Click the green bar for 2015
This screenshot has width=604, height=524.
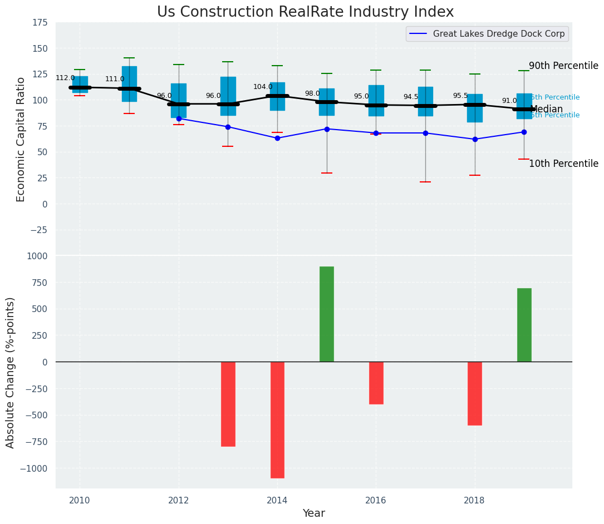point(327,314)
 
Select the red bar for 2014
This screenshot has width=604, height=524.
point(277,420)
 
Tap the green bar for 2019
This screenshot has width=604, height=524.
point(524,325)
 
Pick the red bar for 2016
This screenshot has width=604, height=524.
point(376,383)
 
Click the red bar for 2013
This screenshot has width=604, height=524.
point(228,404)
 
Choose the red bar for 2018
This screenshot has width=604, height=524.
point(475,393)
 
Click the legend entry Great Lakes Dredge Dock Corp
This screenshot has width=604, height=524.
point(498,34)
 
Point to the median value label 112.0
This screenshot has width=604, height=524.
point(65,78)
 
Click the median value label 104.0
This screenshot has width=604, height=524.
point(263,87)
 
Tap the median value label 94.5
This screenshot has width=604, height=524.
point(411,97)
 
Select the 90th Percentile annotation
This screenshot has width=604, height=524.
point(563,66)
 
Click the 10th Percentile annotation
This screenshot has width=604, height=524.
point(563,164)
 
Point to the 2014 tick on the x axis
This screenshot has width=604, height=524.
point(277,500)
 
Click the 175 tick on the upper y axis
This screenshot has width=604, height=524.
point(40,23)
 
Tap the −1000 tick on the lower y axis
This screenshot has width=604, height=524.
point(35,468)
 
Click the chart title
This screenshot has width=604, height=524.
point(305,12)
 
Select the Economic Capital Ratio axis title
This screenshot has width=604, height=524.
point(21,139)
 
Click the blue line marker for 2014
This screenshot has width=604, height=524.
point(277,138)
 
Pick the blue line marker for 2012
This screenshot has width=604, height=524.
point(179,118)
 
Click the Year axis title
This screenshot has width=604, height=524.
point(313,513)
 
